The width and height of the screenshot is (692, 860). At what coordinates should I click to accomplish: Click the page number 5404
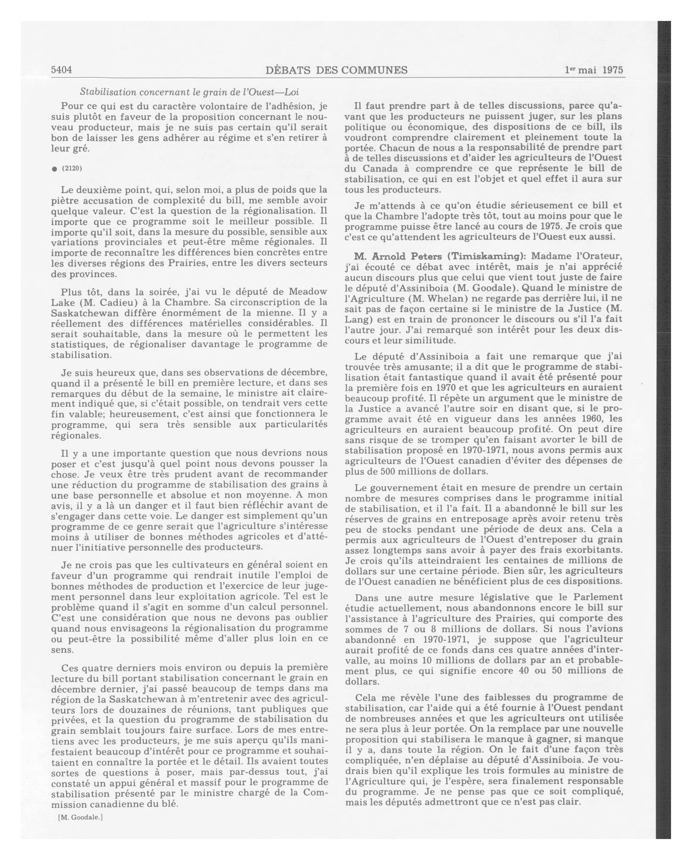(x=62, y=70)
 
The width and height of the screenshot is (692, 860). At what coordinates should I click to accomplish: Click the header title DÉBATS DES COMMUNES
(x=336, y=70)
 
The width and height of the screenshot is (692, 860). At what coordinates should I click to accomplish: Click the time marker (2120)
(x=72, y=168)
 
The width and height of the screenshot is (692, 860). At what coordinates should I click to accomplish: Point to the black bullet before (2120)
(x=55, y=169)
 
